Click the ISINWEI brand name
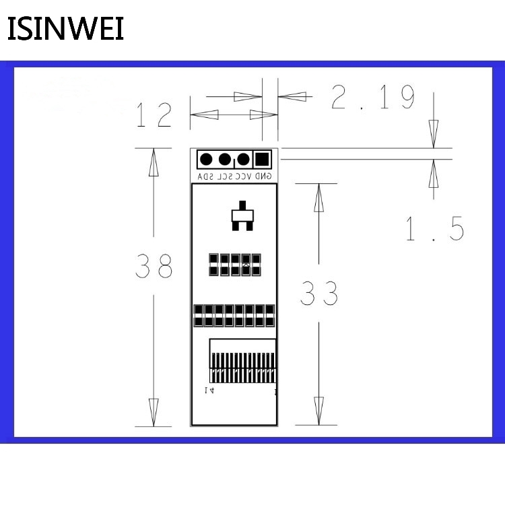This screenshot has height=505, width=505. pyautogui.click(x=65, y=29)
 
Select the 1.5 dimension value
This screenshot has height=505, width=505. pyautogui.click(x=434, y=230)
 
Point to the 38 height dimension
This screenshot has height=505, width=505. pyautogui.click(x=154, y=267)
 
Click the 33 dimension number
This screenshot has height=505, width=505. pyautogui.click(x=318, y=294)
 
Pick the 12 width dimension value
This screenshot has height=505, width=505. pyautogui.click(x=154, y=115)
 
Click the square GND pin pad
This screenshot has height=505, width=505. pyautogui.click(x=262, y=160)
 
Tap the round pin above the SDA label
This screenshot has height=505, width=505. pyautogui.click(x=207, y=160)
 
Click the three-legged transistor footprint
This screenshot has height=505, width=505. pyautogui.click(x=240, y=216)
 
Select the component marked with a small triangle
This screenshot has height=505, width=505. pyautogui.click(x=246, y=265)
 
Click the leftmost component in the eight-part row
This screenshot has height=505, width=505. pyautogui.click(x=199, y=314)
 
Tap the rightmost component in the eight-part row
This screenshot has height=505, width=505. pyautogui.click(x=270, y=314)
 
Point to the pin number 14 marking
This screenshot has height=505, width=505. pyautogui.click(x=209, y=391)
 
